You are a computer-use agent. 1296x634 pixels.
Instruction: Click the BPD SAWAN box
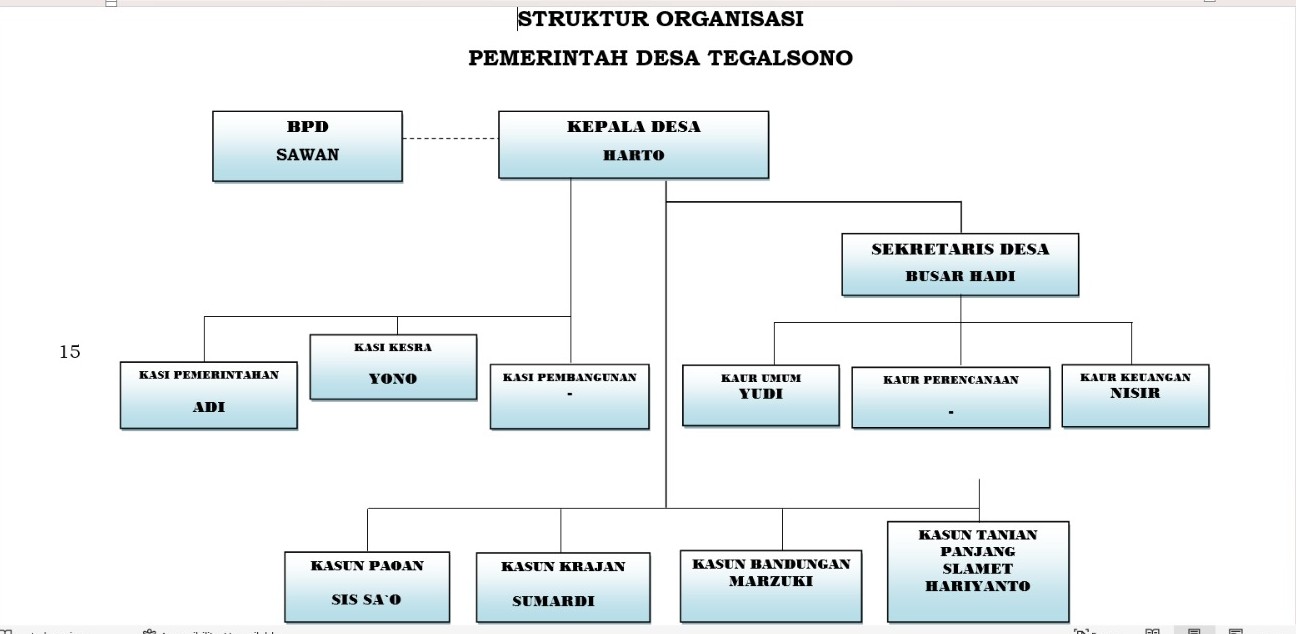click(307, 145)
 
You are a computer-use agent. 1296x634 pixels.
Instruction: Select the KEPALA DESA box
click(633, 144)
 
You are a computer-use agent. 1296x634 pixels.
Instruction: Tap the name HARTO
click(633, 155)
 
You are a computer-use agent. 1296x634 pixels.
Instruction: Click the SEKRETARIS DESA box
click(960, 264)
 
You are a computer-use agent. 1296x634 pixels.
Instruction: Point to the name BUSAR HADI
click(960, 277)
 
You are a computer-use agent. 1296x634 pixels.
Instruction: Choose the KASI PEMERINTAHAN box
click(208, 394)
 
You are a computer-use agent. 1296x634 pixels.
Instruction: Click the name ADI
click(208, 408)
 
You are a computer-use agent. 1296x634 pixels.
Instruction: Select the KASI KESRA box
click(393, 366)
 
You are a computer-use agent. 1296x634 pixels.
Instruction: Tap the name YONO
click(393, 379)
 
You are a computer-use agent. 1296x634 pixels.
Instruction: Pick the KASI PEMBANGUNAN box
click(569, 396)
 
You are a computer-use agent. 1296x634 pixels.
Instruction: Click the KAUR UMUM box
click(760, 394)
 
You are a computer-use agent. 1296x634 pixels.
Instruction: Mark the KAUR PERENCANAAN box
click(950, 397)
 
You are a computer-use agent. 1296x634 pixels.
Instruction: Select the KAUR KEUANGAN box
click(1135, 395)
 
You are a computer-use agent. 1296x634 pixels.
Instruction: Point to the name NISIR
click(1135, 393)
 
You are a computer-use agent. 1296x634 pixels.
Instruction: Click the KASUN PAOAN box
click(367, 585)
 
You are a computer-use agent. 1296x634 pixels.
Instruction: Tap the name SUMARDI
click(553, 601)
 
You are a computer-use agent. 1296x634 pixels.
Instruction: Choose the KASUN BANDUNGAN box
click(771, 584)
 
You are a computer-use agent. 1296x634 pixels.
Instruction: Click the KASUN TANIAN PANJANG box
click(977, 570)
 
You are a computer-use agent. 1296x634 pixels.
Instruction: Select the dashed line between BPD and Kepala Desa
click(450, 139)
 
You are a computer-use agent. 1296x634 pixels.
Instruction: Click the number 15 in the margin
click(70, 352)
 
